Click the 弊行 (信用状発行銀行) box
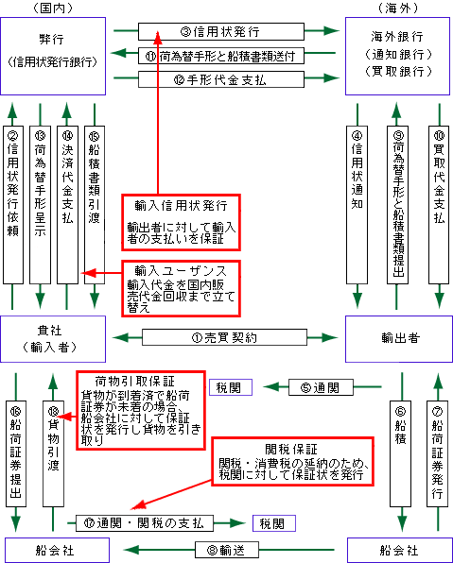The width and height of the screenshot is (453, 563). (53, 56)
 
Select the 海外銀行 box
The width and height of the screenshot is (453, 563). (397, 56)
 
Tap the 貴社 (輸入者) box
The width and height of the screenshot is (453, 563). (53, 339)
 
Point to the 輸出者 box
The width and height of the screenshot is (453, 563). (399, 339)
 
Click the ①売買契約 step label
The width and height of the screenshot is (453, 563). (224, 337)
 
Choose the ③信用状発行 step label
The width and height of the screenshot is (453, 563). (221, 31)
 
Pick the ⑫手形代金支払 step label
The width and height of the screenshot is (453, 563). (221, 79)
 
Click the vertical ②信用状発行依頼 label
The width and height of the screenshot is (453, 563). (13, 205)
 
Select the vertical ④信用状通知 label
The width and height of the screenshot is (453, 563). (357, 205)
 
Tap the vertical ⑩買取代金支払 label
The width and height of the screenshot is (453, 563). (439, 205)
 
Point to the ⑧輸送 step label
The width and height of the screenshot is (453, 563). (227, 550)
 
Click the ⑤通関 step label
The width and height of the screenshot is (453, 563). (321, 387)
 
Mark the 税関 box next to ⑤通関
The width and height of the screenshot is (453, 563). (231, 387)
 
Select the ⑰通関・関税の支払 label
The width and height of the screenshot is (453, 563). (145, 523)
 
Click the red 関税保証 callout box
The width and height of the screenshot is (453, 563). (292, 461)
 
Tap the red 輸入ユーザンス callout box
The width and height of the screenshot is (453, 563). (181, 289)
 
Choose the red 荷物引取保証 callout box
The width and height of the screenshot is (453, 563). (141, 410)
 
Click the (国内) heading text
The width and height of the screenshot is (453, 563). (53, 8)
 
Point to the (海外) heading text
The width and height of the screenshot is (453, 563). (398, 8)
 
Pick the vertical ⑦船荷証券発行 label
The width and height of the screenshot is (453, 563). (437, 453)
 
